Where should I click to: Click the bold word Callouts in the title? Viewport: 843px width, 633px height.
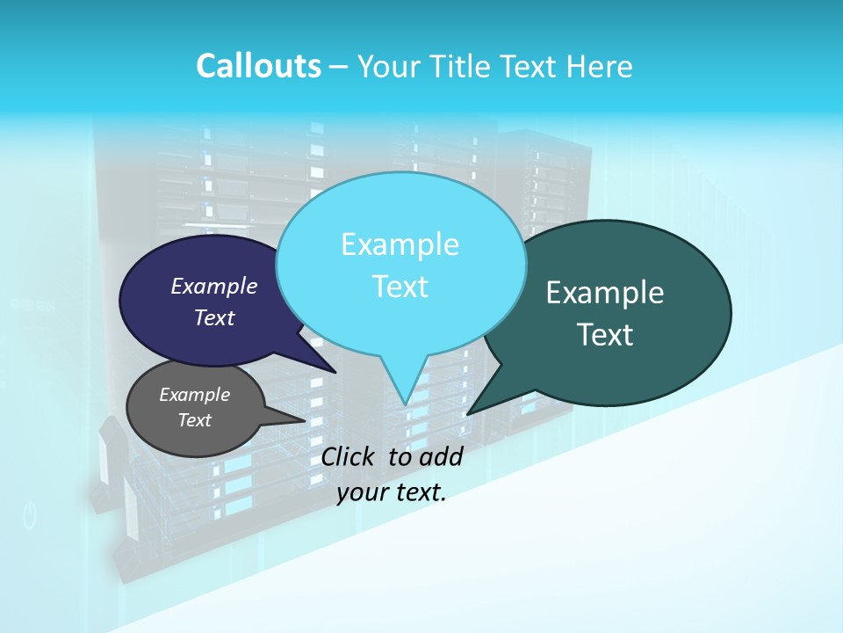258,66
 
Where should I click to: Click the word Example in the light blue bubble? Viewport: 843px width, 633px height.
400,244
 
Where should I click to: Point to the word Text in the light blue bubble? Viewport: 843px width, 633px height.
400,287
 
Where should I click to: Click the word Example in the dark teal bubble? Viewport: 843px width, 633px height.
605,293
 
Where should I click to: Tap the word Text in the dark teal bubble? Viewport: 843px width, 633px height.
605,335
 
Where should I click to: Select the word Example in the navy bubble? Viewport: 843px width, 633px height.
213,286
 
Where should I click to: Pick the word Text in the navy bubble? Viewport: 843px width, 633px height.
213,317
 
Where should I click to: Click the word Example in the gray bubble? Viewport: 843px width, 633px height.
194,395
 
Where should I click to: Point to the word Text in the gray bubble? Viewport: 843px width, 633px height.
194,420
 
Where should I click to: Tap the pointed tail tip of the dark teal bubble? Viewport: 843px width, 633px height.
468,413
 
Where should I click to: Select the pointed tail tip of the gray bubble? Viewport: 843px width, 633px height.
305,420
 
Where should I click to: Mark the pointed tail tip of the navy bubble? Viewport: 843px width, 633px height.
335,373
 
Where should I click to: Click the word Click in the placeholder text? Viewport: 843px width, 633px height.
349,456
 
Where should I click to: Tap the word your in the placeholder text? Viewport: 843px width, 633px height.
361,493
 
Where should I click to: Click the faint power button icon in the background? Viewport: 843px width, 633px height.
30,516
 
